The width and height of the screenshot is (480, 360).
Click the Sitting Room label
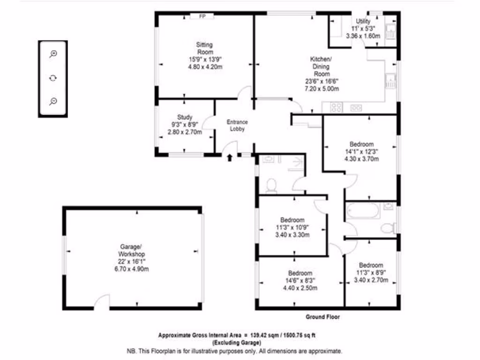pos(204,48)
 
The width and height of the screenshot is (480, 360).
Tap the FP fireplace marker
pos(202,16)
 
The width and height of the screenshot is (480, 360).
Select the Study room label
pos(185,117)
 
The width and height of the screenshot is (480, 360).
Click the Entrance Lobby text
pos(237,126)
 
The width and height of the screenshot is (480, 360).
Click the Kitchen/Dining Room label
pos(321,67)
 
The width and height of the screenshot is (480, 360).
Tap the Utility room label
pos(363,21)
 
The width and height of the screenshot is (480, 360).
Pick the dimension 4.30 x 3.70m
pos(361,159)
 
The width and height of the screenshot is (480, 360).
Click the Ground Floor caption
pos(323,317)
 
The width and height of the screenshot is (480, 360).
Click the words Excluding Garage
pos(236,343)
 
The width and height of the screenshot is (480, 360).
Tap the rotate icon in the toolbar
pos(53,77)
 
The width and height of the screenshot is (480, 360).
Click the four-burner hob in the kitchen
pos(336,107)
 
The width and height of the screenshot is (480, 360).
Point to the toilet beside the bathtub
pos(387,229)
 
